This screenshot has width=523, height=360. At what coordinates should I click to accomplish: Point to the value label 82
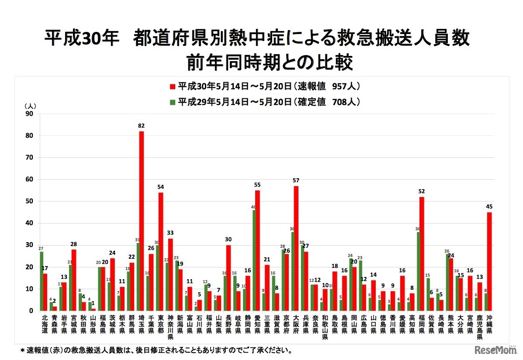pos(141,126)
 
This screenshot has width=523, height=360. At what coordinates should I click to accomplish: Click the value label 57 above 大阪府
pos(296,180)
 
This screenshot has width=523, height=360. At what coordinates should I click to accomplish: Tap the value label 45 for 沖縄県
pos(489,207)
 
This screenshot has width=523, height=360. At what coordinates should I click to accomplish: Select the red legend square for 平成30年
pos(173,86)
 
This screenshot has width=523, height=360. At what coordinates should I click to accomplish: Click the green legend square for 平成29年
pos(173,102)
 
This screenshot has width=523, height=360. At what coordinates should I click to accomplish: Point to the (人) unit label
pos(30,106)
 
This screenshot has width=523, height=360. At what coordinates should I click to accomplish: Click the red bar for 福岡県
pos(422,254)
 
